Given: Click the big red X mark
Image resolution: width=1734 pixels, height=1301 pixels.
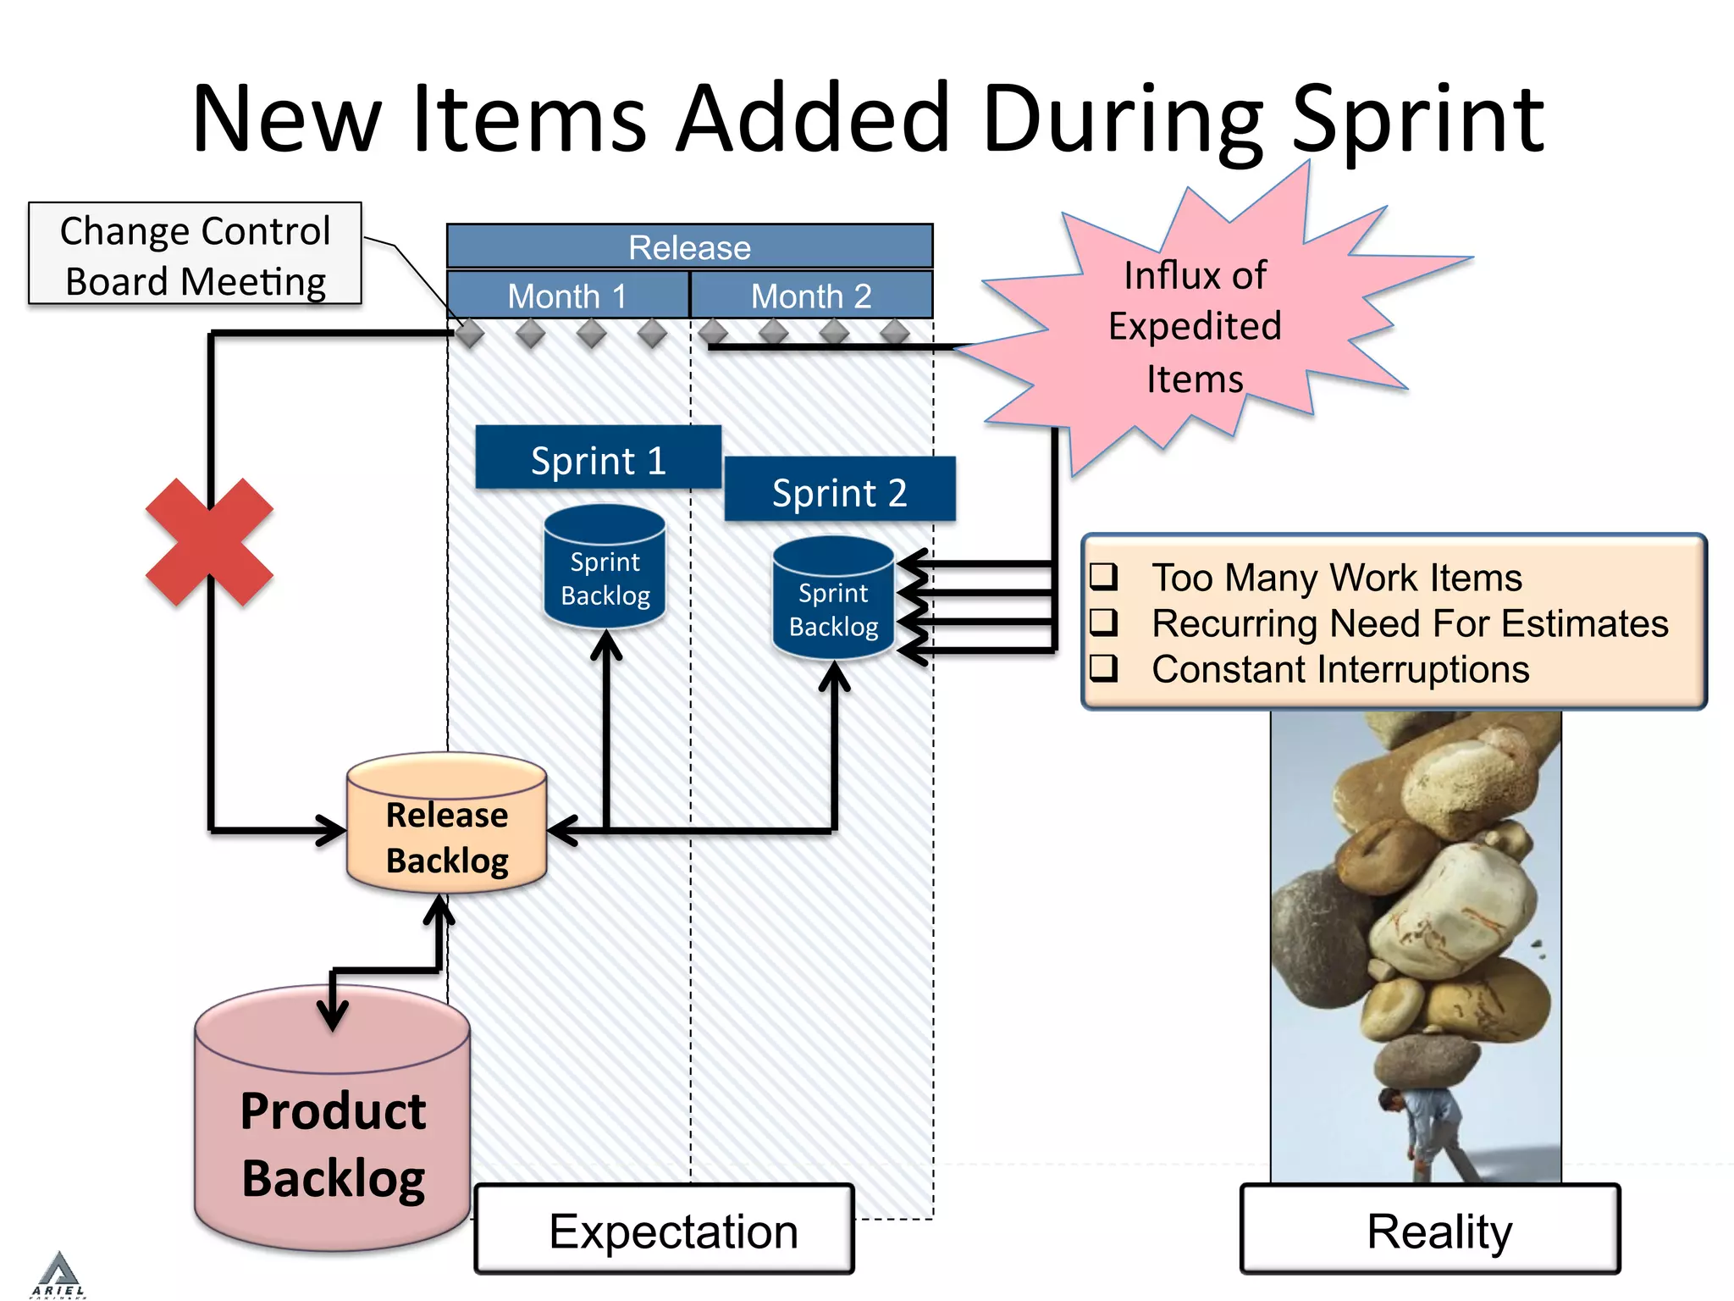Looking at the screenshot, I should pos(209,542).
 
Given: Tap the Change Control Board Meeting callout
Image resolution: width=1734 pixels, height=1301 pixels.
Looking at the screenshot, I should pos(195,254).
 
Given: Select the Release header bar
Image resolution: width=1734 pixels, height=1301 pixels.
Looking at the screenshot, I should pos(689,246).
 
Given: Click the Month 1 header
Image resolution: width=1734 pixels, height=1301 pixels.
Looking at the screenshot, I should pos(567,296).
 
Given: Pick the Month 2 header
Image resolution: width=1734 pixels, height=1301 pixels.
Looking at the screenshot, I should pos(811,296).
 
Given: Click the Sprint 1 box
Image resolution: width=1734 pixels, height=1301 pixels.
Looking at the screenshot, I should pos(598,458).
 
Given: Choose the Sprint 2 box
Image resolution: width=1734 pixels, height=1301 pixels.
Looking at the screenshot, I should pos(839,490).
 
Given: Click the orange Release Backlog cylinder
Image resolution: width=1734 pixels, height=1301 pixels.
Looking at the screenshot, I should pos(446,826).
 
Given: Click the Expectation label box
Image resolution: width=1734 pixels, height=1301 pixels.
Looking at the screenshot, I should pos(665,1230).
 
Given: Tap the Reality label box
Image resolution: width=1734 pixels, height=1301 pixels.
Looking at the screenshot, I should pos(1430,1230).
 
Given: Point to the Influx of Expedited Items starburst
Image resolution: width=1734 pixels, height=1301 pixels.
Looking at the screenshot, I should pos(1194,326).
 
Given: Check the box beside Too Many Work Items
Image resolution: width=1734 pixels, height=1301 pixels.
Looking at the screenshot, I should pos(1103,577).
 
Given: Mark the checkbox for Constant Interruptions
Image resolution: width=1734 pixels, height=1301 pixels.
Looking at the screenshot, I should pos(1103,668).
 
